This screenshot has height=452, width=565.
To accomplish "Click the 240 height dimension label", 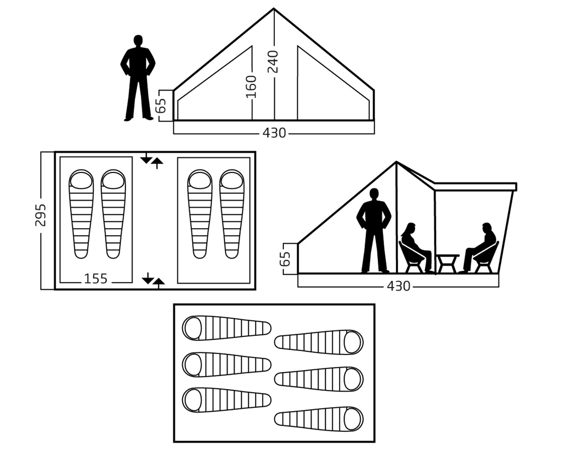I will coord(273,64).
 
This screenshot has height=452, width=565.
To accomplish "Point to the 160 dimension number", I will coord(251,87).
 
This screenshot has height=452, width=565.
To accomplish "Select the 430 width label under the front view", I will coord(274,133).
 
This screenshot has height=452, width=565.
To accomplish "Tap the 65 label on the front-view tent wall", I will coord(162,106).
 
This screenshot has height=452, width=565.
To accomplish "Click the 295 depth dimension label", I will coord(41,215).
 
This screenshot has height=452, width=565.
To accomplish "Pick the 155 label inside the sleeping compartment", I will coord(96,279).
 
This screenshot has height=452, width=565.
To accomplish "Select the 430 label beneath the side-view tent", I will coord(398,286).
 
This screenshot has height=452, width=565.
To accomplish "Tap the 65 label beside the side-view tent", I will coord(286,259).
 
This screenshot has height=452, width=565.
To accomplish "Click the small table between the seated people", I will coord(447,262).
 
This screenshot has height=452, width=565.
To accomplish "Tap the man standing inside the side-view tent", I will coord(374,230).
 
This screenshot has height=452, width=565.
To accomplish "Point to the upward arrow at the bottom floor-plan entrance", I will coord(159,283).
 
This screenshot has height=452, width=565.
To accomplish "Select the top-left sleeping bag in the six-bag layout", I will coord(226,328).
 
